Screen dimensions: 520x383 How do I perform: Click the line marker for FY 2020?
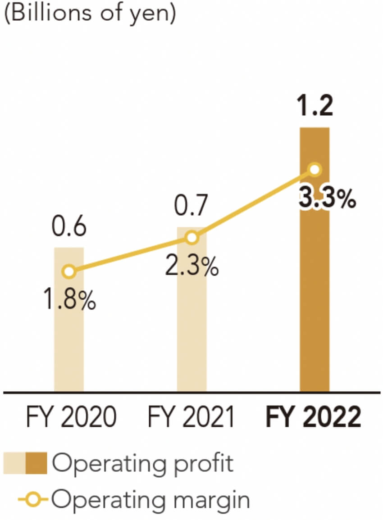point(68,271)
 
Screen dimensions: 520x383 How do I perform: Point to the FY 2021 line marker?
point(192,238)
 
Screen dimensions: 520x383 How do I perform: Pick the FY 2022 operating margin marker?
point(315,170)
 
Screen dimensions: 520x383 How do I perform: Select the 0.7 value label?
point(192,208)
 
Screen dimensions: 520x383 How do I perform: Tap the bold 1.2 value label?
point(315,106)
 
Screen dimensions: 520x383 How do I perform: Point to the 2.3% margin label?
point(192,267)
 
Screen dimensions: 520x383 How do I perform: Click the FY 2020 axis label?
point(68,418)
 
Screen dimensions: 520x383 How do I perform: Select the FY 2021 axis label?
point(191,418)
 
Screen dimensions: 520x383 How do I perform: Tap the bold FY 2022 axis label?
point(314,418)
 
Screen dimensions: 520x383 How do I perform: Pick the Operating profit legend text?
point(143,464)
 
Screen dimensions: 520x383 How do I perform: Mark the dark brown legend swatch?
point(36,464)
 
